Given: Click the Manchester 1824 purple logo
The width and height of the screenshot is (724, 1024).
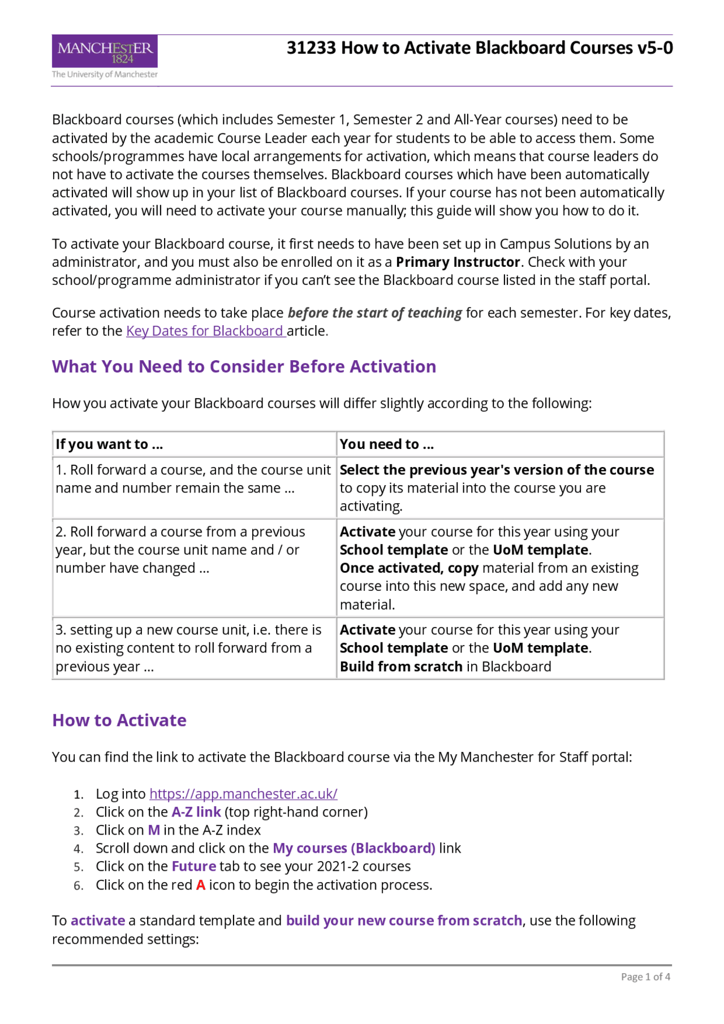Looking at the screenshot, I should pos(105,52).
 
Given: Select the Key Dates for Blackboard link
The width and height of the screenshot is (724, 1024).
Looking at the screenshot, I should pos(205,331).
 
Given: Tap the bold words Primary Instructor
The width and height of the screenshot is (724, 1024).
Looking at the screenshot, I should pos(458,262).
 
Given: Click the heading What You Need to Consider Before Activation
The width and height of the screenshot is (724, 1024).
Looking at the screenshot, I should pos(244,367).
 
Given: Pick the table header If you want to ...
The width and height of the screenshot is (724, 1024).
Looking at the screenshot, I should pos(109,444).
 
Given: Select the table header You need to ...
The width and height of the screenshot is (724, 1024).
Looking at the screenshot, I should pos(386,444).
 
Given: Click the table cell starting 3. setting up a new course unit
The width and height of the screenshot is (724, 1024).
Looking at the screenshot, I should pos(188,648).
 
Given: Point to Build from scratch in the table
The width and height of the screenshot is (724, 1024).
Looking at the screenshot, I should pos(401,667).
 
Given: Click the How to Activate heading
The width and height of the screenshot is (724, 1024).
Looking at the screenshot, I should pos(119,720).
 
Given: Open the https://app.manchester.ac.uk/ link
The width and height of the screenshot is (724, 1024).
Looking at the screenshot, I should pos(243,794).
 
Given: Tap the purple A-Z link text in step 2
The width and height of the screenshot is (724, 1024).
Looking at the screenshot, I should pos(196,813).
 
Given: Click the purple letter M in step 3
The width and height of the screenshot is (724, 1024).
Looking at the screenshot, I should pos(154,831).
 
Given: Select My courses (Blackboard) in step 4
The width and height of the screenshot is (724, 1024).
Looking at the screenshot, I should pos(354,849).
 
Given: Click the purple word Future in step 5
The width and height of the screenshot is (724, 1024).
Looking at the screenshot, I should pos(193,867).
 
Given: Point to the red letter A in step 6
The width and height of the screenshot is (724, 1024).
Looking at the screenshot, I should pos(201,885).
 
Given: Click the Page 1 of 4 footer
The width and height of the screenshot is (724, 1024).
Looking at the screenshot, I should pos(645,977).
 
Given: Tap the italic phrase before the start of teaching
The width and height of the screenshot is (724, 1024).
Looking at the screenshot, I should pos(374,313).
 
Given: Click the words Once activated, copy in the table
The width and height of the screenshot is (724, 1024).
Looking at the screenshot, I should pos(408,568).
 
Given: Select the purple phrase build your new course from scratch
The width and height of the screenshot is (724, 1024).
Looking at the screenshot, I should pos(404,921).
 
